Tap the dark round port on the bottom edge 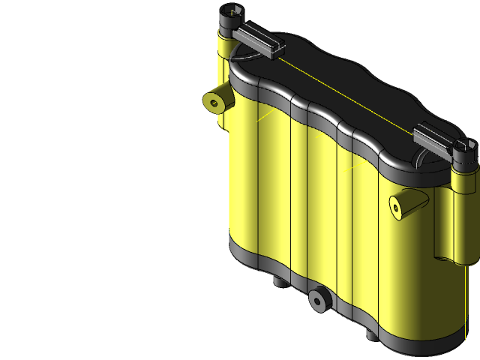point(319,300)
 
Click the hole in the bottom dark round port point(319,301)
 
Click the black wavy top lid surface point(337,82)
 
